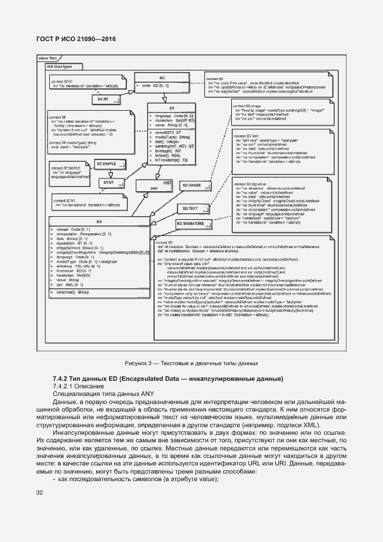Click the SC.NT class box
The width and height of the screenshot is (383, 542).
click(103, 99)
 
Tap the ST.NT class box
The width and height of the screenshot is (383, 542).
click(108, 182)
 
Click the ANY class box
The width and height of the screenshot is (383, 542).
click(154, 188)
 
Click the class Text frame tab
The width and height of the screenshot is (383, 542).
click(48, 59)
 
